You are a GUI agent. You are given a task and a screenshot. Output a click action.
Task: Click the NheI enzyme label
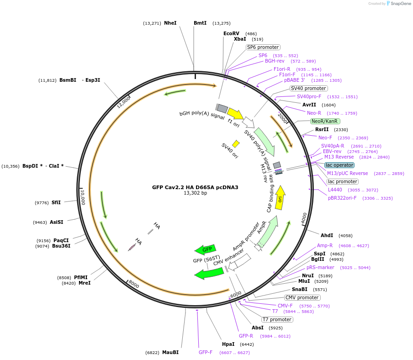170,23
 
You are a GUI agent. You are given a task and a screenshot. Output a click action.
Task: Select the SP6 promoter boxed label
263,47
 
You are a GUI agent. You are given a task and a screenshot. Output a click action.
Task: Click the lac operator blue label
339,165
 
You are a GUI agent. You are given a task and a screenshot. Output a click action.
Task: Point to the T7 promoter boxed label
277,319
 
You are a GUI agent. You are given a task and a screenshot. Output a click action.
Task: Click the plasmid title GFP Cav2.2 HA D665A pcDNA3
195,187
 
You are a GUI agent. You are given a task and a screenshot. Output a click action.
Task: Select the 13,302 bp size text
195,193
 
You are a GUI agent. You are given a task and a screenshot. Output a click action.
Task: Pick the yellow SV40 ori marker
236,144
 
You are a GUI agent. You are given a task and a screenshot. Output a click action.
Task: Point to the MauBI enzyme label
170,352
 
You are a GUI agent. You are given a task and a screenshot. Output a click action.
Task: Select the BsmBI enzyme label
68,80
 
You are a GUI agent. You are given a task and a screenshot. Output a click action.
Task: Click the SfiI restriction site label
56,202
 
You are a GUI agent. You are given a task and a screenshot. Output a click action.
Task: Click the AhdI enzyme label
327,235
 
